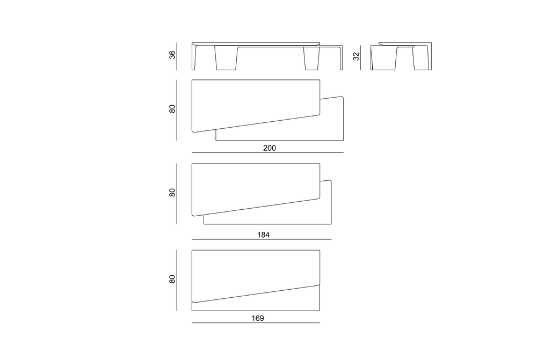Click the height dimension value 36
pos(172,55)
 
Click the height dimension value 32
pos(356,56)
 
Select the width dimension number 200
pos(269,148)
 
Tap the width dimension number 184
pos(263,235)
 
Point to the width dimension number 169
pos(258,318)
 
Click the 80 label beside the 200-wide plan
pos(172,109)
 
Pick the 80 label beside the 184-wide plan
pos(172,193)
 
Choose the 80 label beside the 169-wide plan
pos(172,279)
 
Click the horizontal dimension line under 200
pos(267,152)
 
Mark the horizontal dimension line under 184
pos(262,239)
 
